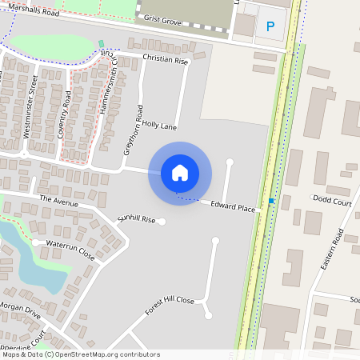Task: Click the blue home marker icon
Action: coord(180,172)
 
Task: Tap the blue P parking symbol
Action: coord(270,27)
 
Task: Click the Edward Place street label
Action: coord(233,208)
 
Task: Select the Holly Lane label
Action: coord(159,126)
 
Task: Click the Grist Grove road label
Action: coord(161,18)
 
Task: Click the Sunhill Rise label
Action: coord(136,218)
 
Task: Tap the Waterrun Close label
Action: coord(70,250)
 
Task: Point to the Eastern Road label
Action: coord(330,249)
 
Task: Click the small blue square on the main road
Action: coord(272,200)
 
